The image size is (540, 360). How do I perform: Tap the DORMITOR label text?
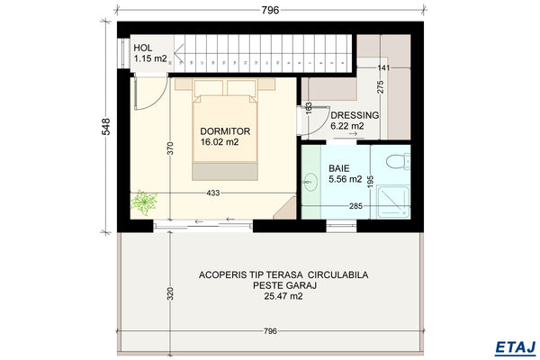(225, 130)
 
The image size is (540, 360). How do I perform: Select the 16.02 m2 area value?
(220, 142)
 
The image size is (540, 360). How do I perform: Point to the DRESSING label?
(355, 116)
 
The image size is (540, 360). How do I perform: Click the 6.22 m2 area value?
(347, 127)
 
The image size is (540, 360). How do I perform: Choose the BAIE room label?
(339, 168)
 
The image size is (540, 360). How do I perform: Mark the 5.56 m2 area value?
(346, 179)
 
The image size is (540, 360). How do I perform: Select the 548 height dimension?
(105, 128)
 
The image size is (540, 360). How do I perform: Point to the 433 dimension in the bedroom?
(213, 193)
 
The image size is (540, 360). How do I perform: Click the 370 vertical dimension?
(170, 150)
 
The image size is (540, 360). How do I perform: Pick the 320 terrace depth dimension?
(170, 294)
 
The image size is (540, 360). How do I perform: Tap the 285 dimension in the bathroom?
(356, 206)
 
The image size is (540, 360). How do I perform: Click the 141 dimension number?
(383, 67)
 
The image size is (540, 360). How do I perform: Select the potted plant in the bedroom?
(142, 202)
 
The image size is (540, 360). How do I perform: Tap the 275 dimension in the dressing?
(381, 88)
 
